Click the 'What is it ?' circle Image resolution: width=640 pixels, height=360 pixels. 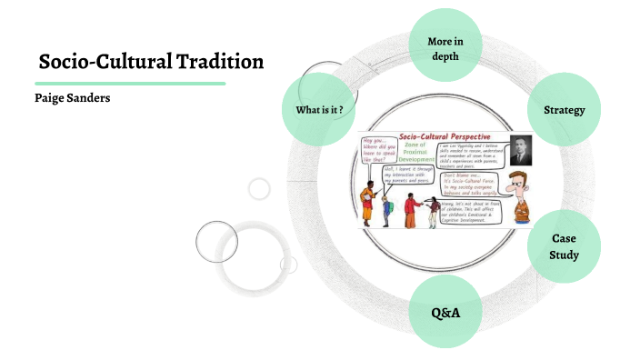tap(318, 110)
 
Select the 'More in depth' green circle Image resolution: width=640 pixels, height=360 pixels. tap(444, 48)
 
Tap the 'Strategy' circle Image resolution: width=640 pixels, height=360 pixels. tap(564, 110)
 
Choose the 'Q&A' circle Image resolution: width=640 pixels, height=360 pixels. tap(445, 312)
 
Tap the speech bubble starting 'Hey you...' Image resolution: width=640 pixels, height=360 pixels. tap(382, 150)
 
